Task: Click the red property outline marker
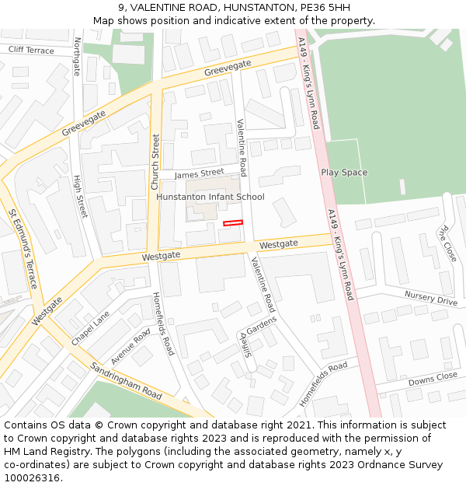[x=233, y=223]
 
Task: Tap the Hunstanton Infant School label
[x=210, y=197]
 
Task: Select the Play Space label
[x=344, y=173]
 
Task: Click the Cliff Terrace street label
[x=32, y=51]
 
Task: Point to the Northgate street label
[x=76, y=57]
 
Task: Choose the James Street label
[x=199, y=173]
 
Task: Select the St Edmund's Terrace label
[x=23, y=248]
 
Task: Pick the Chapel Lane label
[x=91, y=329]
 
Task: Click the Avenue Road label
[x=130, y=347]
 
